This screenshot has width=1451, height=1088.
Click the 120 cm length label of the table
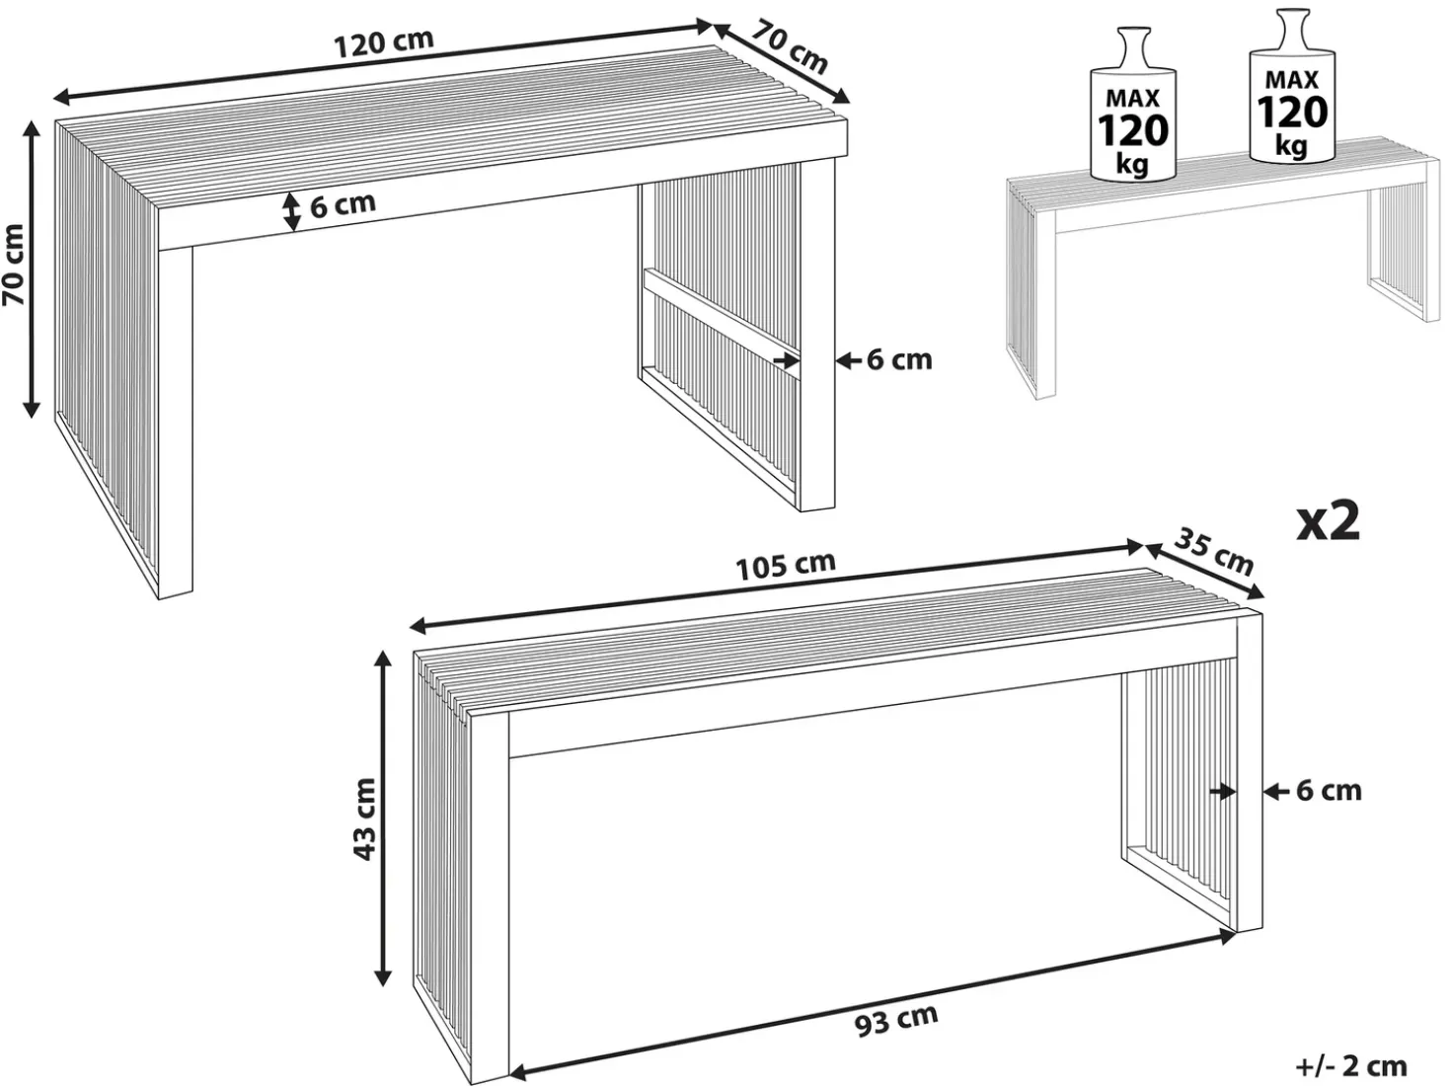384,43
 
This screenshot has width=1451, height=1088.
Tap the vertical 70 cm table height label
14,265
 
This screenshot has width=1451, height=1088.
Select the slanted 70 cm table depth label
791,47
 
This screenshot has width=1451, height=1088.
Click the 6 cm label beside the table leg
899,360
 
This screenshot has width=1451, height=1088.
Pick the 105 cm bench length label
786,565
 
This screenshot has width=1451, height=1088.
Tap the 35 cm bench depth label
1214,554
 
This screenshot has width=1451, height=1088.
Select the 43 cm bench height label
365,819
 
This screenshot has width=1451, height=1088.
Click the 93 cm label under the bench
896,1021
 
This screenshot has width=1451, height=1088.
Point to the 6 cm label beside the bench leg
1329,791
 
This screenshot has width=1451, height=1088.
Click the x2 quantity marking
1328,522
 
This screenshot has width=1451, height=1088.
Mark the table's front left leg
175,423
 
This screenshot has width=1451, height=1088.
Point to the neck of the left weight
1133,47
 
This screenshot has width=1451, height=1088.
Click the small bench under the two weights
1223,265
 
